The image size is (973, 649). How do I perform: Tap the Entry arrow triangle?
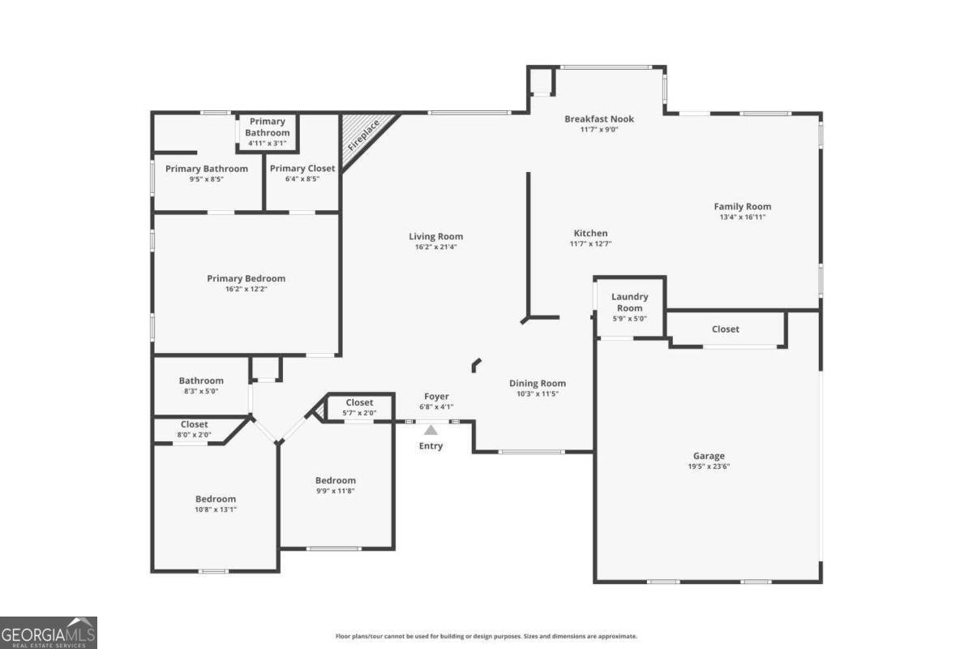click(x=431, y=431)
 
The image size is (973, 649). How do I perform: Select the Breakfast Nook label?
click(x=599, y=119)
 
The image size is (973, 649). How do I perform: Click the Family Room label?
click(x=742, y=207)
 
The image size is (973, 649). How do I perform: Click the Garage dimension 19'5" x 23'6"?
click(x=709, y=466)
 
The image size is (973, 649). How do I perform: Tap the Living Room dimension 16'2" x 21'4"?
click(x=435, y=247)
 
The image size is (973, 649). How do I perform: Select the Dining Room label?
click(x=538, y=384)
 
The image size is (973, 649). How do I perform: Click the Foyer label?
click(x=436, y=397)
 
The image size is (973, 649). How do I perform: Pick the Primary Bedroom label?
click(x=246, y=278)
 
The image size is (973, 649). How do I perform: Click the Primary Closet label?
click(x=302, y=169)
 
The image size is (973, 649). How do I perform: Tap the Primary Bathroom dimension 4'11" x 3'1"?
click(x=267, y=144)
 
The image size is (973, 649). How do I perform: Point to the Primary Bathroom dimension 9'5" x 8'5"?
click(x=206, y=179)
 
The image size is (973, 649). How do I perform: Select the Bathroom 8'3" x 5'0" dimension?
click(x=201, y=391)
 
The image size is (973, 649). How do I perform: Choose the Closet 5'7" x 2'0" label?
click(x=359, y=402)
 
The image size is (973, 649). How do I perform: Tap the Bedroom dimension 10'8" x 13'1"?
click(x=215, y=509)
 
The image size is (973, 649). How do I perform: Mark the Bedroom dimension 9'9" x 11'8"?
click(x=335, y=491)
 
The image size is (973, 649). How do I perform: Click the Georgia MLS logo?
click(x=49, y=632)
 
